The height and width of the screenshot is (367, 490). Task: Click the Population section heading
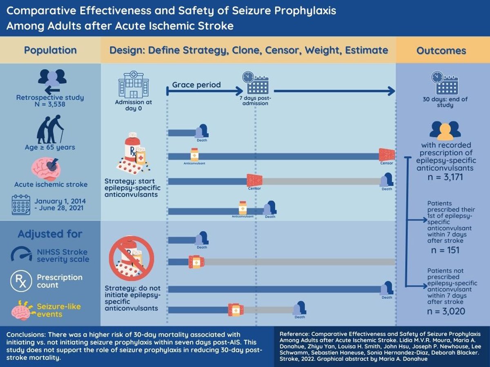[50, 50]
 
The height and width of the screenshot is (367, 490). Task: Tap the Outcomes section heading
[441, 51]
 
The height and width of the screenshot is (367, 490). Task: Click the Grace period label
[196, 85]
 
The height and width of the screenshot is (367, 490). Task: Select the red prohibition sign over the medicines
[131, 259]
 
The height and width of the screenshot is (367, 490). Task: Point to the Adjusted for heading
[50, 234]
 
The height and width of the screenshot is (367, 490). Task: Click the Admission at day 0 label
[134, 105]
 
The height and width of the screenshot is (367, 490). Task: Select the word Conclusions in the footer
[24, 334]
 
